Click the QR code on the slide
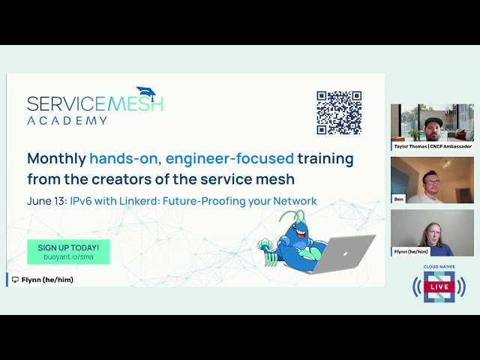pos(339,112)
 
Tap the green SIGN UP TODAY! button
pos(68,251)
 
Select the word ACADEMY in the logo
pos(67,120)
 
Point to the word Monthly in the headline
pos(56,159)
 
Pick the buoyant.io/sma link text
pos(68,256)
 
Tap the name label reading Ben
pos(399,199)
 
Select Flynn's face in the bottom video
pos(433,233)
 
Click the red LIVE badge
pos(439,286)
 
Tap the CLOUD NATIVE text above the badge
pos(439,267)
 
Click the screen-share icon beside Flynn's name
pos(15,280)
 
